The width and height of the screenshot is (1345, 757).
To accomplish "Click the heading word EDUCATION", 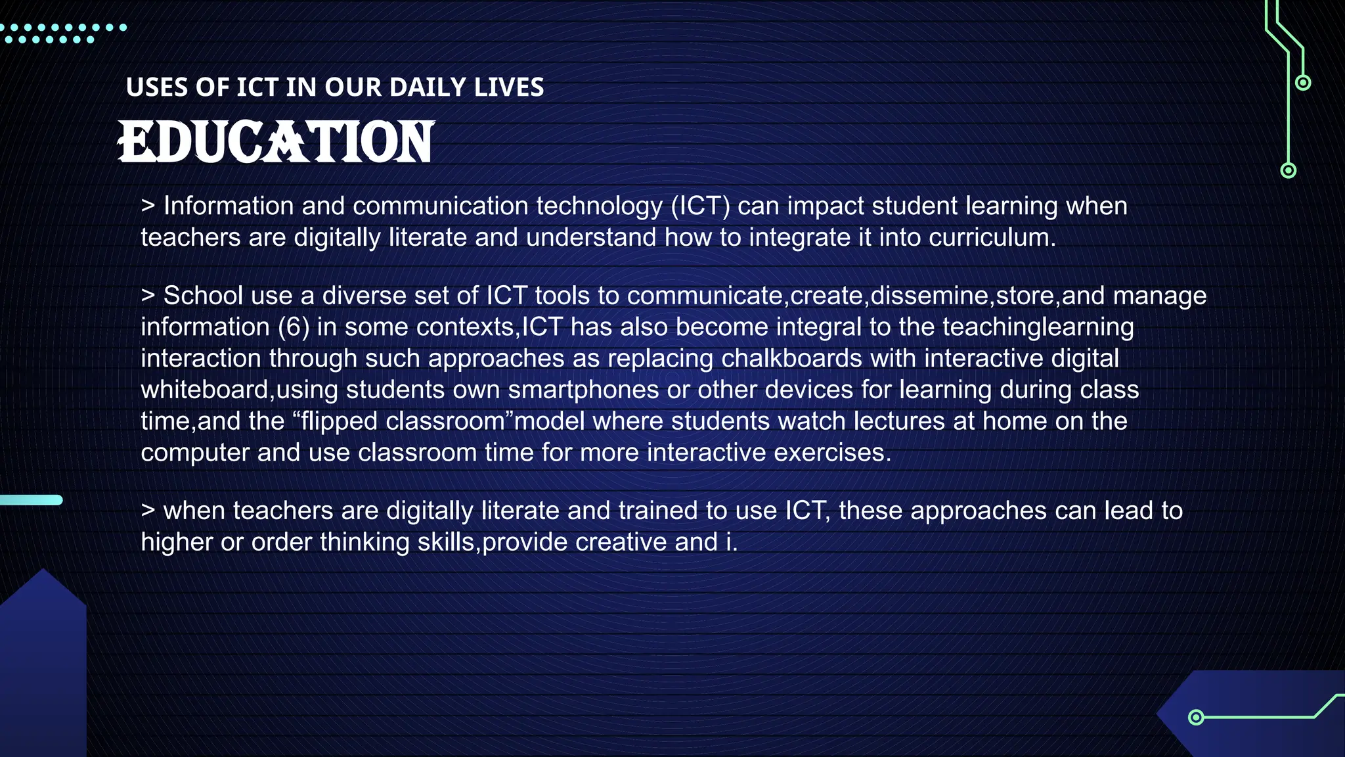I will [x=276, y=141].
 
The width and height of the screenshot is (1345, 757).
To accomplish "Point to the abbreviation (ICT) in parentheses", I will [x=700, y=206].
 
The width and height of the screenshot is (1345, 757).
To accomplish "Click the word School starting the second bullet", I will [x=203, y=296].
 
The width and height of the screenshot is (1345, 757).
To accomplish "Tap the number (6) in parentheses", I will [x=294, y=327].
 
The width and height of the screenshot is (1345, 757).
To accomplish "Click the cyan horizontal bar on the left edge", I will [x=31, y=500].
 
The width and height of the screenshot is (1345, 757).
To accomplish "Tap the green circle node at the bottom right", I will [x=1196, y=717].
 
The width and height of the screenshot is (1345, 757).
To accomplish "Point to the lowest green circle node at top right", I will [x=1289, y=171].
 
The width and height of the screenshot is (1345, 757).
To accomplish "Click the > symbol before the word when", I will [x=148, y=511].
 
